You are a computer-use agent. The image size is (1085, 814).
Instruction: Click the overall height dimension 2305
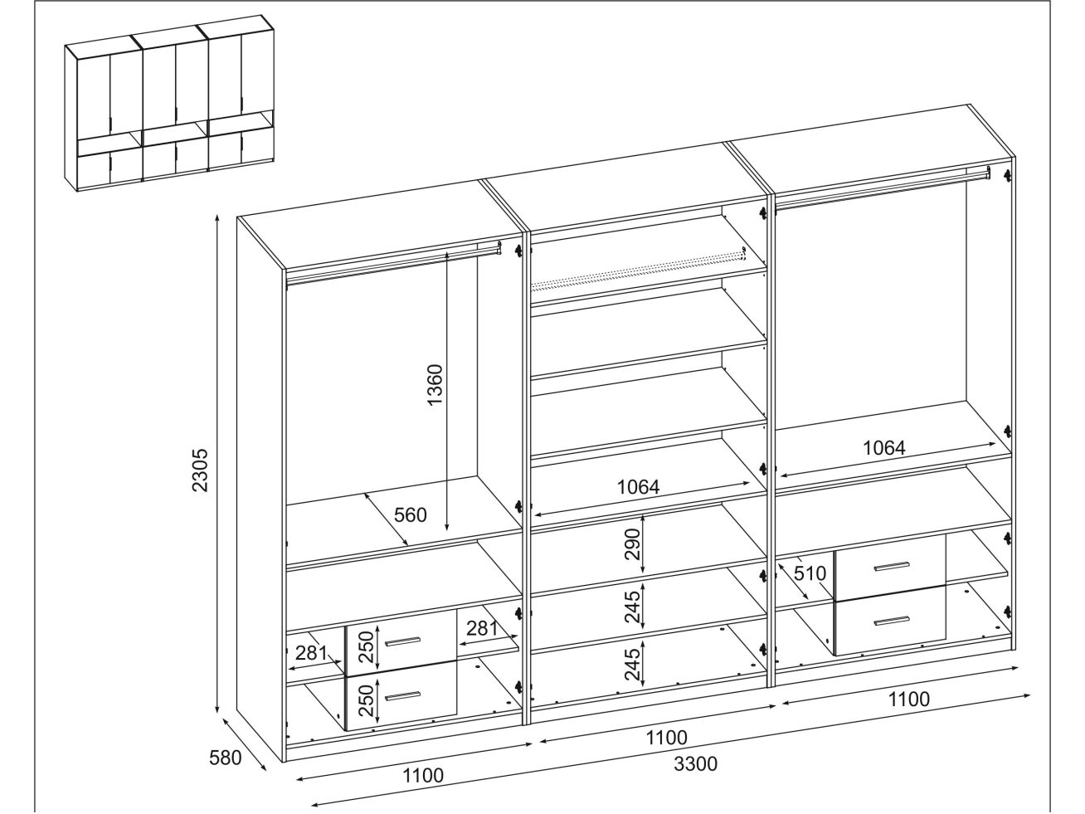point(200,471)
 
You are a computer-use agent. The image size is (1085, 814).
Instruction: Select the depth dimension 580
point(225,758)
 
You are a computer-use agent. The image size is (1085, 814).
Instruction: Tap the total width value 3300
point(695,763)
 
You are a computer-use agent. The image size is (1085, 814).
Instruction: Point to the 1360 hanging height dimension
point(435,384)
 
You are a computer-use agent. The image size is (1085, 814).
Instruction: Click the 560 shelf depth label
point(410,515)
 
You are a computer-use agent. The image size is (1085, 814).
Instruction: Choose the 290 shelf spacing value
point(632,543)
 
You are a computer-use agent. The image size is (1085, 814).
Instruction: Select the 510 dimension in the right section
point(809,573)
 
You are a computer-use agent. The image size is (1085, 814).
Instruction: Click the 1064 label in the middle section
point(638,487)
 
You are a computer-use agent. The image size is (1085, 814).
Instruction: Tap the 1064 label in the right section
point(883,448)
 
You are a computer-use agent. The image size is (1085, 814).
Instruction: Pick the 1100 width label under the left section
point(423,776)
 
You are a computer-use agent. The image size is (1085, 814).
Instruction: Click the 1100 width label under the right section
point(909,699)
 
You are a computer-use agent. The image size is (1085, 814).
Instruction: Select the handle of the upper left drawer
point(403,641)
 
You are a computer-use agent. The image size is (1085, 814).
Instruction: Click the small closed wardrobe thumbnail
point(170,104)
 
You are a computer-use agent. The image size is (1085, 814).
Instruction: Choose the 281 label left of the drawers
point(311,653)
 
